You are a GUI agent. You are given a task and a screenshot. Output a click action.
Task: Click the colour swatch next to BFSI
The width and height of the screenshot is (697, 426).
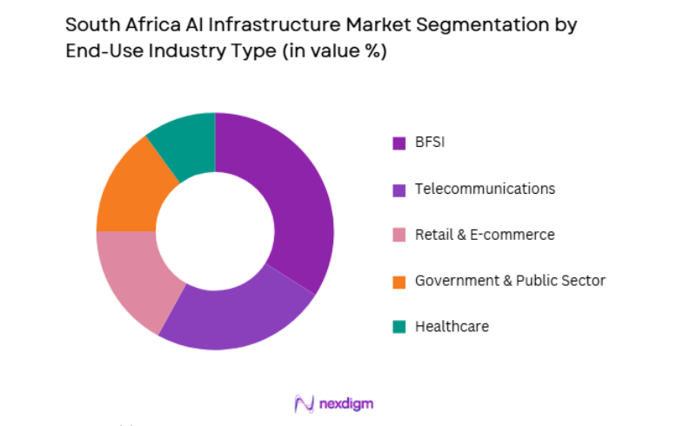point(399,143)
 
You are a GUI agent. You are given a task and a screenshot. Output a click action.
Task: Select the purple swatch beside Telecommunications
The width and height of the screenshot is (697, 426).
point(399,190)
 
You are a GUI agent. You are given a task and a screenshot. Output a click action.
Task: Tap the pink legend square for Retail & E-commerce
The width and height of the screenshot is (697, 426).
point(399,236)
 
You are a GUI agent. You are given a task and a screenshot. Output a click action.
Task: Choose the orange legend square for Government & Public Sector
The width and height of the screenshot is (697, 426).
point(399,282)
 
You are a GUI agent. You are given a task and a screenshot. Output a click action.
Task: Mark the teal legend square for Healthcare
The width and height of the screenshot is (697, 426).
point(399,328)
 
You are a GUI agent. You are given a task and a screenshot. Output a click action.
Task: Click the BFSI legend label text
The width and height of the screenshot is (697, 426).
point(430,143)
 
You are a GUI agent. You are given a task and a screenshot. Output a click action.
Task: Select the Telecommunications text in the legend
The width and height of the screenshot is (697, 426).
point(485,189)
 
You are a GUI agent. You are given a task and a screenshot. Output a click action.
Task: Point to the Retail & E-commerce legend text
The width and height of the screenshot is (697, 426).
point(485,235)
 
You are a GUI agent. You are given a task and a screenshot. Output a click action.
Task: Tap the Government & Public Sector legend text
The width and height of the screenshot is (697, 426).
point(510,281)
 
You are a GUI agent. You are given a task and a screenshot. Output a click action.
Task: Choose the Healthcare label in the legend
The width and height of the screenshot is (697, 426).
point(452,327)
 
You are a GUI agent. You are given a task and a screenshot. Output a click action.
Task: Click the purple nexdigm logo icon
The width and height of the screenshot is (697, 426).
point(304,403)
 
